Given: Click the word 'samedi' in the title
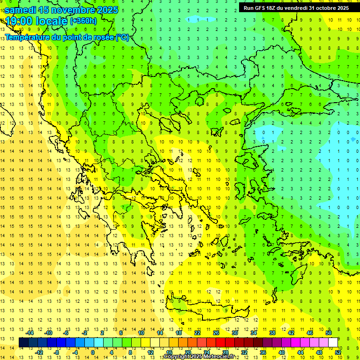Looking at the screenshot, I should pos(21,10).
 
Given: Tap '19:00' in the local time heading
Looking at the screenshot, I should pos(19,21).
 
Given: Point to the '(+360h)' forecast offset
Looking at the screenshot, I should pos(83,21).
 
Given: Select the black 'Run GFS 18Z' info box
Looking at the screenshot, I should pos(296,7).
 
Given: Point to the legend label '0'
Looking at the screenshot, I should pos(93,352).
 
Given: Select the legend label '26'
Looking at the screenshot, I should pos(216,333).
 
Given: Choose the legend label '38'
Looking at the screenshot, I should pos(272,333).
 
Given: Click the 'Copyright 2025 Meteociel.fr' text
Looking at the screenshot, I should pos(205,357).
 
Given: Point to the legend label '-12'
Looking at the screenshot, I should pos(39,352).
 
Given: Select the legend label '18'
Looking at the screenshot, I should pos(179,333).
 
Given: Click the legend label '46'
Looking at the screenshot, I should pos(309,333).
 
